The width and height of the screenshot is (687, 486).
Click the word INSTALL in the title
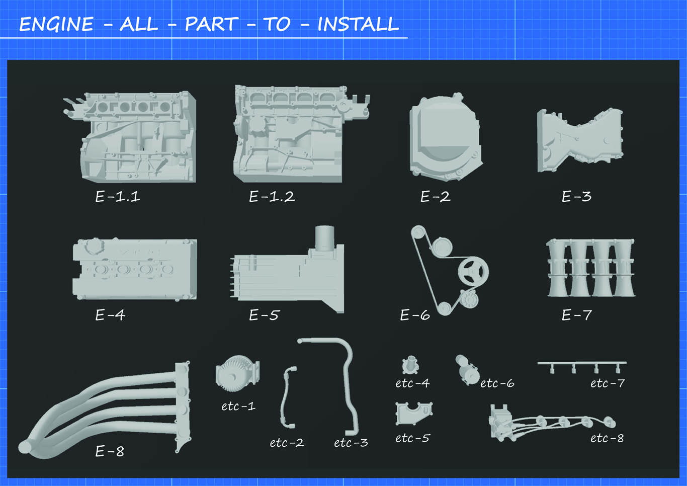358,24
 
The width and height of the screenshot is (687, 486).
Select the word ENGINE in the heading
56,24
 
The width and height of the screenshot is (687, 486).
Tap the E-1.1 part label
118,196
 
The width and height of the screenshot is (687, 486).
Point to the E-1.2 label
272,196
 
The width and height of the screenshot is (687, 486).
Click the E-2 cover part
446,137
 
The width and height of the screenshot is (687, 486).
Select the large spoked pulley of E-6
473,272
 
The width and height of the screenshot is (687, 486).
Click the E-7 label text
576,315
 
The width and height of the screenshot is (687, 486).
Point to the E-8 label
110,451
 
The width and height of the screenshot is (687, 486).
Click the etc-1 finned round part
238,373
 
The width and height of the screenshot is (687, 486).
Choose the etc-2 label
287,443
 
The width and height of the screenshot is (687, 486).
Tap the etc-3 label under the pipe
351,443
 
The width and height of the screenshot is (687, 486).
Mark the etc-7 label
608,383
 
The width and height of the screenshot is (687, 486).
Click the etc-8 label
607,438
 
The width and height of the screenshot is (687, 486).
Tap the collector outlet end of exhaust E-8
25,447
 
